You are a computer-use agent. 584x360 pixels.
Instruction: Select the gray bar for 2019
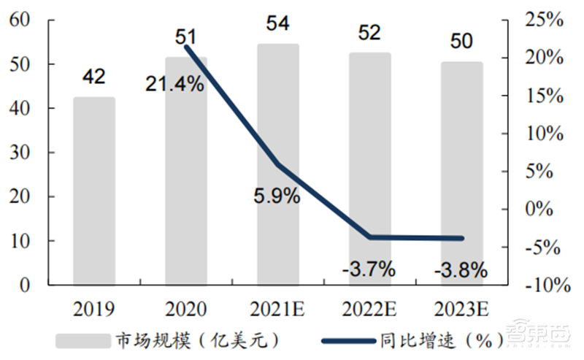tap(94, 191)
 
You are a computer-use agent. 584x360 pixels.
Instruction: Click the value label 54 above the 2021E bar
tap(277, 23)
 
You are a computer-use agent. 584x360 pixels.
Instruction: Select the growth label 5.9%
tap(277, 196)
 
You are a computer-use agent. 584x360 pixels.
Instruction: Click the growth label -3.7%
tap(369, 269)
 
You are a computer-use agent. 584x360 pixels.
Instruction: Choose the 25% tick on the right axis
tap(544, 20)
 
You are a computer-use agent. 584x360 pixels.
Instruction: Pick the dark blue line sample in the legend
tap(346, 340)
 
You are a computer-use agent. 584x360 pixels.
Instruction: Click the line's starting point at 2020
tap(186, 47)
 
